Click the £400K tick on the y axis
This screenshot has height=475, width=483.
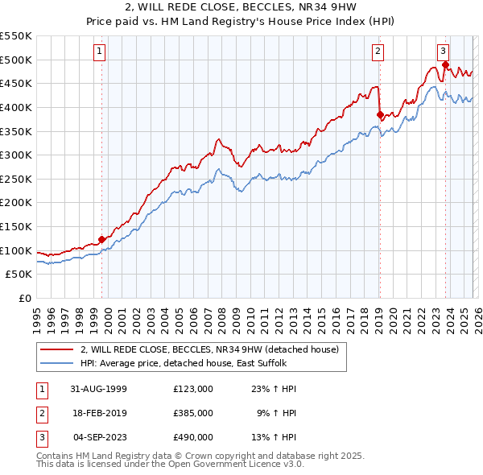click(16, 107)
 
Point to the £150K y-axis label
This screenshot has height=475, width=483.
click(16, 227)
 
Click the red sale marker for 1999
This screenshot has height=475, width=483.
click(102, 239)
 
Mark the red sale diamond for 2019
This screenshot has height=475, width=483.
click(380, 114)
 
